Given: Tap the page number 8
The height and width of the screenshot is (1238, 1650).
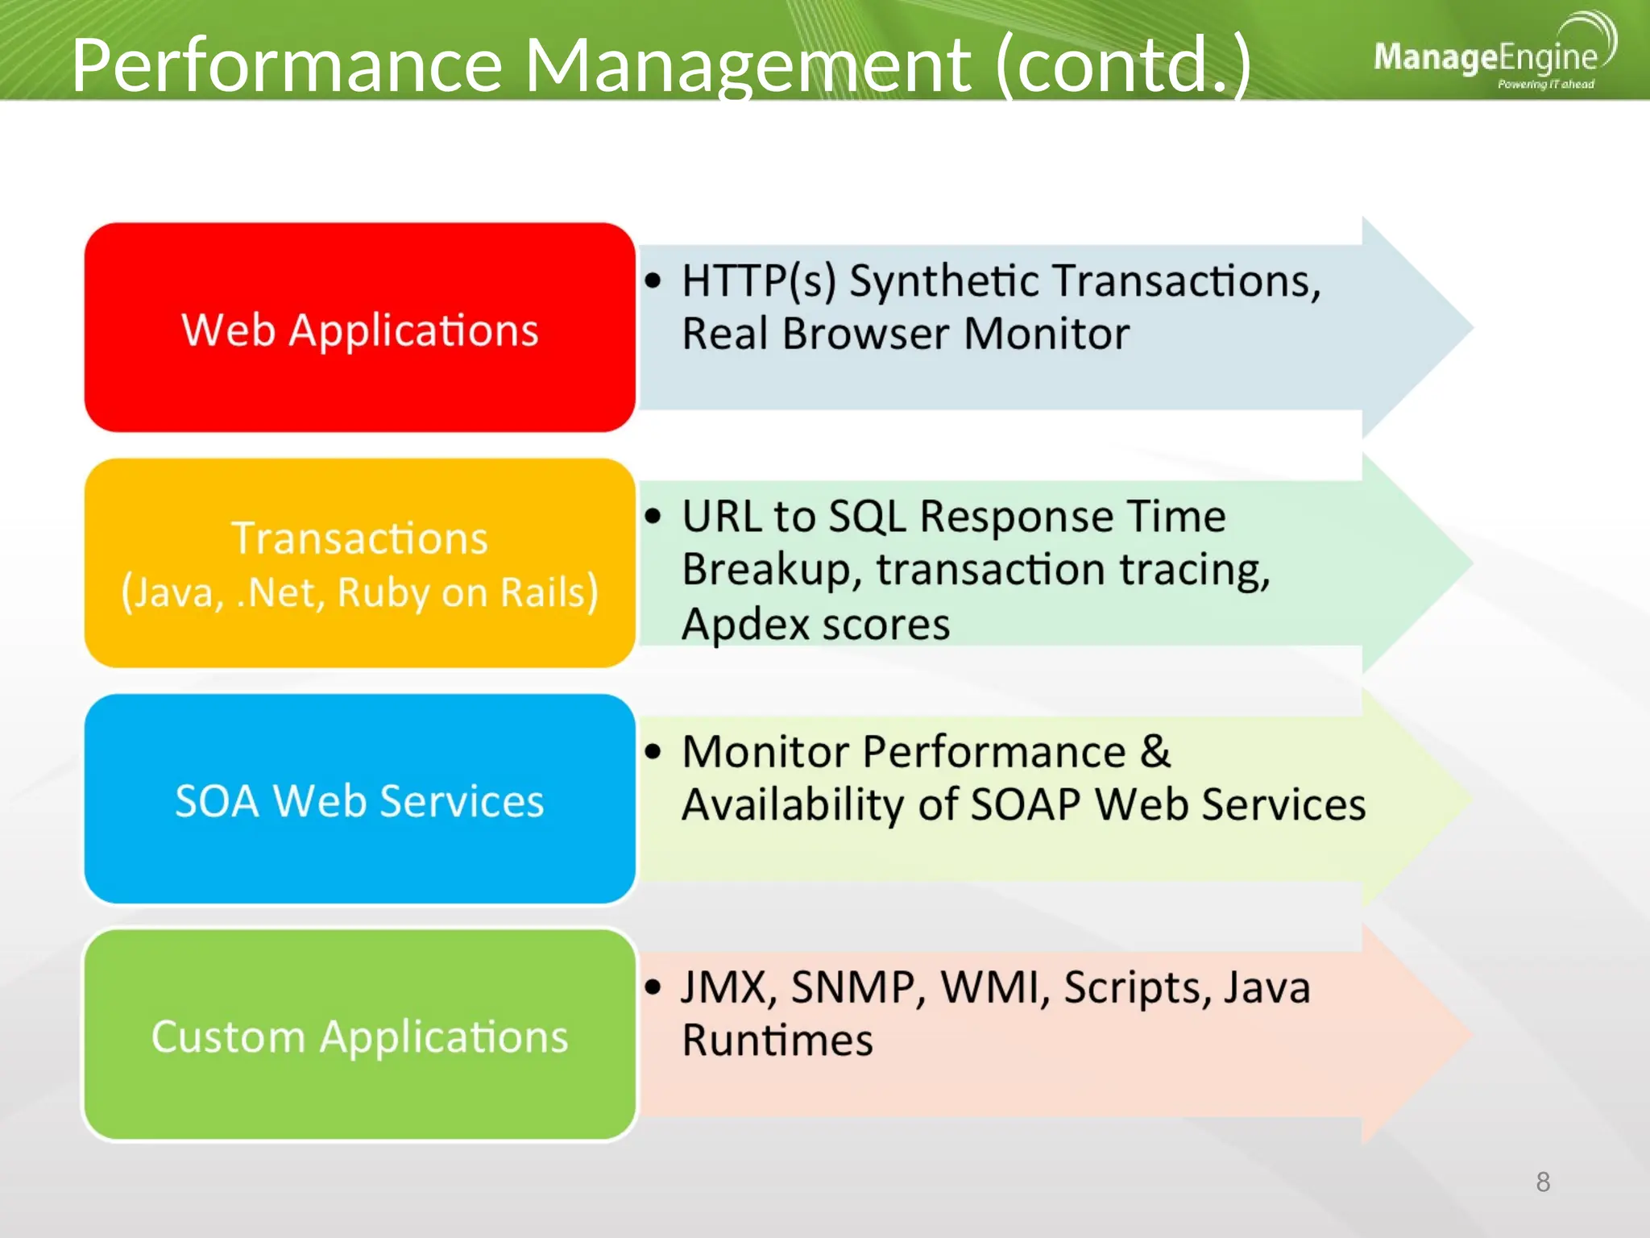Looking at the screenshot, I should tap(1543, 1182).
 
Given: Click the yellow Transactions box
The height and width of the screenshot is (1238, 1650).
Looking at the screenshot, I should tap(359, 563).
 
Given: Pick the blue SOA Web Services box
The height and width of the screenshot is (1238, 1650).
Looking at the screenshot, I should tap(359, 800).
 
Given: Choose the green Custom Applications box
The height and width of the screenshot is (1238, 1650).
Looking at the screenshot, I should tap(359, 1035).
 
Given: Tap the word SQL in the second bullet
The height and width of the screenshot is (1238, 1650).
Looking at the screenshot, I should tap(867, 517).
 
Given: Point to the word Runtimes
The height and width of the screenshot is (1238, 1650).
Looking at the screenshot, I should tap(777, 1040).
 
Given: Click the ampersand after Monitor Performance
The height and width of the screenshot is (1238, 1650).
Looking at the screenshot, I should tap(1155, 751).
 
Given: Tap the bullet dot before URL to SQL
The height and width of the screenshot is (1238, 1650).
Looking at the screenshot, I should tap(653, 516).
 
